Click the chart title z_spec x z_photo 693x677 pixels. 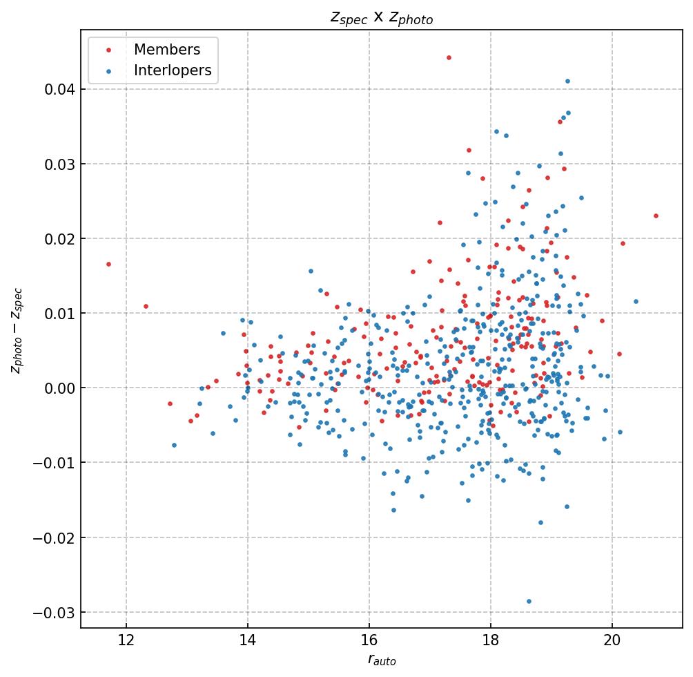[381, 18]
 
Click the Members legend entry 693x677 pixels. [167, 50]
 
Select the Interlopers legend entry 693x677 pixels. [173, 70]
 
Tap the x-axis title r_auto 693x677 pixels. [381, 660]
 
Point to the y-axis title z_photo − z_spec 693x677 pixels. [17, 330]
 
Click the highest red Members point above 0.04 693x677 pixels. [449, 57]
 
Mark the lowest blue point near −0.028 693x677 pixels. [529, 601]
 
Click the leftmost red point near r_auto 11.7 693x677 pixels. [108, 264]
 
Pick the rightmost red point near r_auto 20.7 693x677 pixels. [656, 216]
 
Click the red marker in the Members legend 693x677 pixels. [108, 50]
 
